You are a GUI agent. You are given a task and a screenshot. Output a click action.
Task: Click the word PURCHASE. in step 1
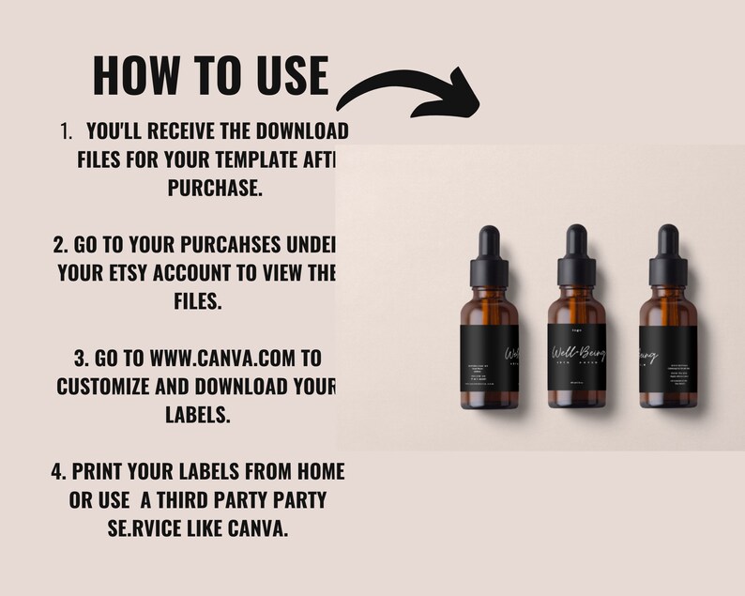click(215, 189)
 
